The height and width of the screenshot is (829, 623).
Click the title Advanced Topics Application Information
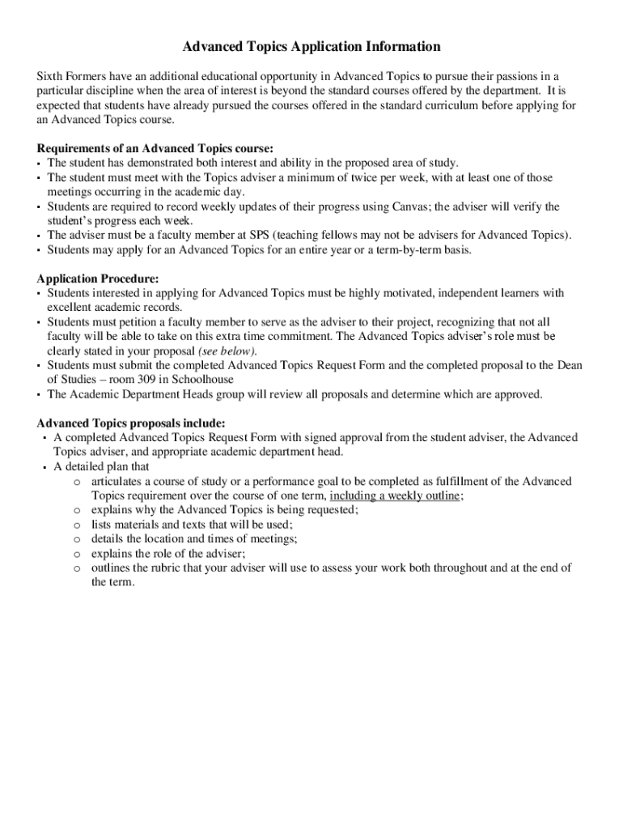[x=311, y=47]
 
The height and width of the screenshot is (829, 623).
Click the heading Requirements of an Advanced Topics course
[x=155, y=148]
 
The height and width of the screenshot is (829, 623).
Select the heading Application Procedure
[x=98, y=278]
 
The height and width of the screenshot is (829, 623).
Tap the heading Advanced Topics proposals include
[x=131, y=423]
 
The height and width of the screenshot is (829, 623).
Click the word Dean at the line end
[x=569, y=365]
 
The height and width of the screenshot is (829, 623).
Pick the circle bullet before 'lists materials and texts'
[x=75, y=525]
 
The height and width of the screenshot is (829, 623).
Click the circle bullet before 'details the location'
[x=75, y=539]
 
